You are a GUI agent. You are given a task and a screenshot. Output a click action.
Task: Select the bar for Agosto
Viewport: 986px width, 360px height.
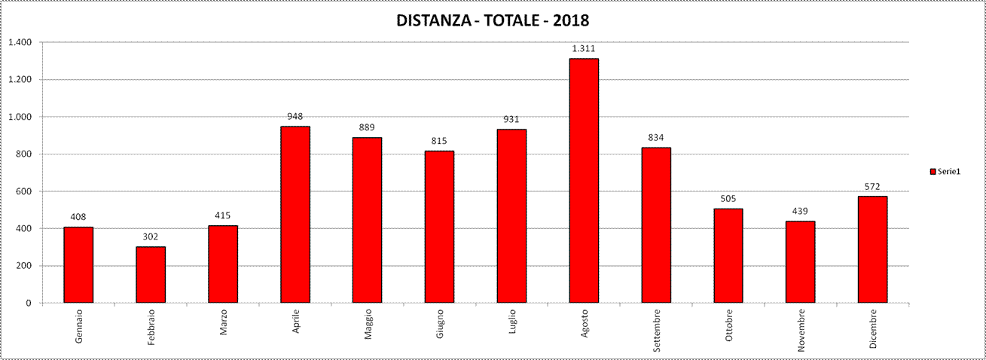pos(584,181)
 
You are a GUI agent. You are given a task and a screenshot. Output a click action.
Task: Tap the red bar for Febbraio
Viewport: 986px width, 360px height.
pos(151,275)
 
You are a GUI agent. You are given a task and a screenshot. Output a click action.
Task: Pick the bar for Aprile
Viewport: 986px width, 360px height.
pos(295,215)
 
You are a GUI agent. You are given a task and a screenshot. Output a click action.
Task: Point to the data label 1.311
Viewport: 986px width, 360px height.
pos(584,48)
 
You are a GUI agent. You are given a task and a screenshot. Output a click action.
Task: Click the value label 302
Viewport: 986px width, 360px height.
pos(151,236)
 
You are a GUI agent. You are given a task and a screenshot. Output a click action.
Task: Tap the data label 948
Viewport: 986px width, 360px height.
pos(295,116)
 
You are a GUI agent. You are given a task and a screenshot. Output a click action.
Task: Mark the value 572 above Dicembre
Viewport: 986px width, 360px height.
pos(872,186)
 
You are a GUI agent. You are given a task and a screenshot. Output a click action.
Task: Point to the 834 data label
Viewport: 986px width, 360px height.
pos(656,137)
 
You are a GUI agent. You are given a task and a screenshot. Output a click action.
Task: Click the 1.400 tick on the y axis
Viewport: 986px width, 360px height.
pos(20,42)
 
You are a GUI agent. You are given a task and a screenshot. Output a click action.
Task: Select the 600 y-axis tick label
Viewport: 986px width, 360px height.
pos(23,191)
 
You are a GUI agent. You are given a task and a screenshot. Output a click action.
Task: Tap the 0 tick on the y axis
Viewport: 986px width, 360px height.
pos(29,303)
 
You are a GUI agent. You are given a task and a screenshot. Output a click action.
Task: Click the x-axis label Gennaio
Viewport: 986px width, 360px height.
pos(79,326)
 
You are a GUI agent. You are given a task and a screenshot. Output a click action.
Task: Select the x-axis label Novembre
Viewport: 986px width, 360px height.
pos(801,330)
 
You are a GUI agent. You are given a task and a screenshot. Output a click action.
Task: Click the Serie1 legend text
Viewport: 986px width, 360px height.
pos(949,172)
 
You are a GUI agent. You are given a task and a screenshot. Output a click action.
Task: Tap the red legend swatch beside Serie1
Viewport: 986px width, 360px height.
pos(933,172)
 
